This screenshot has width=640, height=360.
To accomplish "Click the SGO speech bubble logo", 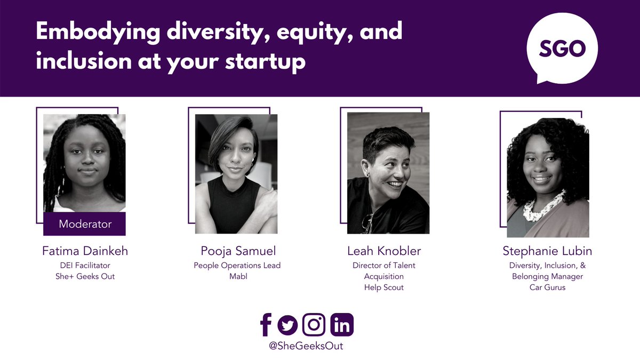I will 562,49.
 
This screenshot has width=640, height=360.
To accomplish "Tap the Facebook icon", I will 266,324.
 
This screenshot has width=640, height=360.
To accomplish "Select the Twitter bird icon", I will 287,325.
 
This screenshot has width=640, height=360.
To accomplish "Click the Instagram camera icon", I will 314,324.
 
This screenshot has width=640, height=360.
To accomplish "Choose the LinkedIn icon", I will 342,324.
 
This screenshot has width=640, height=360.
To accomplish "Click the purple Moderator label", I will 85,224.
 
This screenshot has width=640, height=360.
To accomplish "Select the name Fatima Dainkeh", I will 85,251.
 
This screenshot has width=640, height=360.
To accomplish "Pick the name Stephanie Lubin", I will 548,251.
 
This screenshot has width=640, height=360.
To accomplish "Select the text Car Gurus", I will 548,288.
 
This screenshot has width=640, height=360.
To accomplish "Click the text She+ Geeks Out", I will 85,276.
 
